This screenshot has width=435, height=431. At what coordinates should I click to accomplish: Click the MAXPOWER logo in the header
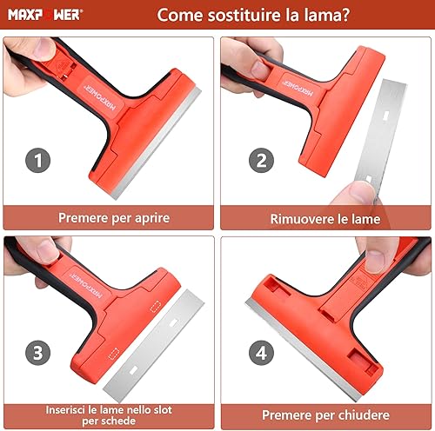pos(45,15)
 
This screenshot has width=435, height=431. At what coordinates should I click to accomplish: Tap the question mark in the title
pos(345,15)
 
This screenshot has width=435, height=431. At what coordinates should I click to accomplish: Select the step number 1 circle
pos(38,160)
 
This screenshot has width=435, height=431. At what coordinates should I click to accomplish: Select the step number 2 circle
pos(261,160)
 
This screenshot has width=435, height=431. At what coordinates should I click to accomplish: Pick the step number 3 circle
pos(38,353)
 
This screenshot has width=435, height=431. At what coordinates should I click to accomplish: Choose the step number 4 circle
pos(261,353)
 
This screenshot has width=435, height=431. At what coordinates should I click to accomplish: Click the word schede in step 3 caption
pos(120,421)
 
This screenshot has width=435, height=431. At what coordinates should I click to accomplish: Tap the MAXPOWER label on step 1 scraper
pos(99,98)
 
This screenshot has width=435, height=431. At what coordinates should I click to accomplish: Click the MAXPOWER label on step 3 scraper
pos(87,286)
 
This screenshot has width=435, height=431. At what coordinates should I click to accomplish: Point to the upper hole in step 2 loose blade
pos(385,116)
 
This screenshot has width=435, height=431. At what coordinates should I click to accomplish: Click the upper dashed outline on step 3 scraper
pos(156,307)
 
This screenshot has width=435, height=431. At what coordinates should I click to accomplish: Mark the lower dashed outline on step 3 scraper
pos(114,354)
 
